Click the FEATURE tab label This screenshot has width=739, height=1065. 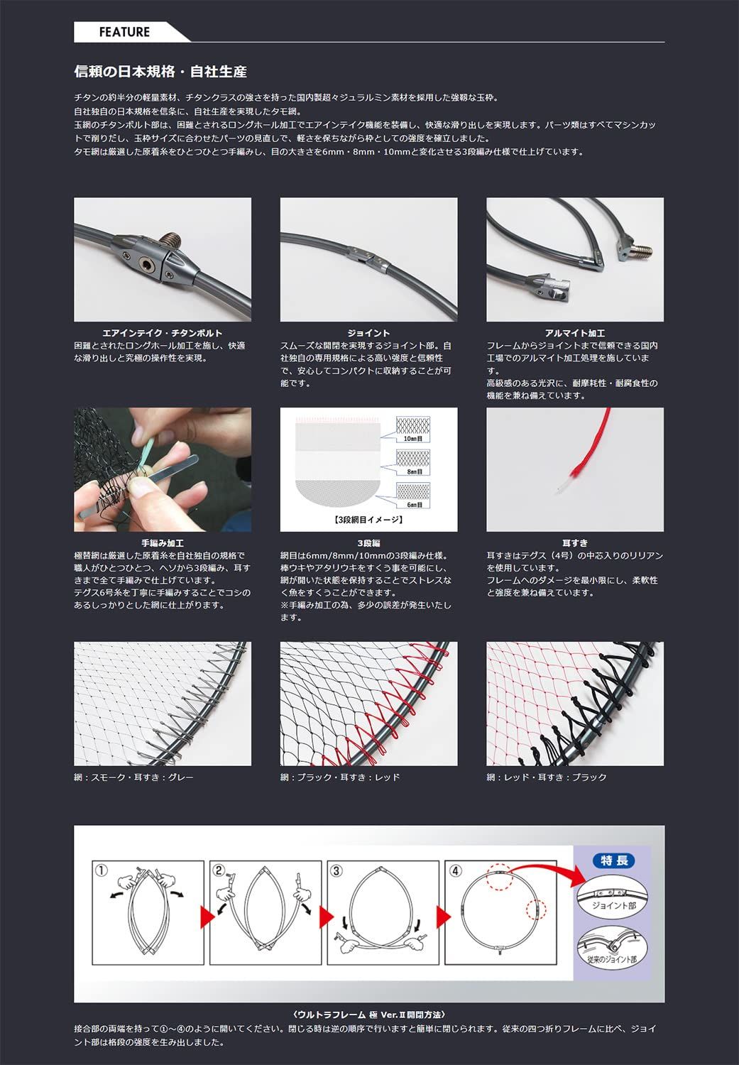(124, 32)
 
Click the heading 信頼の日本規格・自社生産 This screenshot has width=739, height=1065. (160, 72)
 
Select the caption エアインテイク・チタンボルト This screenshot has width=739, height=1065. (163, 333)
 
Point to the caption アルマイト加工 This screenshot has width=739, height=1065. (575, 333)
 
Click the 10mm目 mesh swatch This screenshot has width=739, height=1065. (413, 429)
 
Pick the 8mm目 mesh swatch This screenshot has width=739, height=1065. (413, 462)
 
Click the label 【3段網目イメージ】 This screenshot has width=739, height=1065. (368, 520)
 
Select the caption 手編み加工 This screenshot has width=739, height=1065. (163, 543)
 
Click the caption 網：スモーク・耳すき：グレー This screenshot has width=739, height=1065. (133, 777)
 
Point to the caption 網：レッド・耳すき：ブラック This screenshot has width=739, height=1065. (547, 777)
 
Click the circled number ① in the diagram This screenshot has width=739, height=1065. (102, 870)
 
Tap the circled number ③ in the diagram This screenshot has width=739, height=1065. (336, 870)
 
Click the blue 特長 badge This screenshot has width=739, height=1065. (614, 861)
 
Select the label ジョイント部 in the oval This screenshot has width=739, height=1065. (613, 905)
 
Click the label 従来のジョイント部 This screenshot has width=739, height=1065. (612, 959)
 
